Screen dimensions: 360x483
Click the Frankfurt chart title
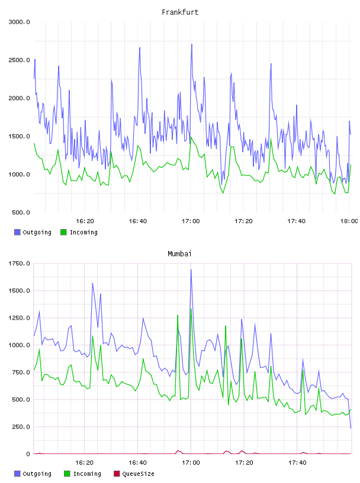tap(180, 12)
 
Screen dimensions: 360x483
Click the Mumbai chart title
tap(179, 254)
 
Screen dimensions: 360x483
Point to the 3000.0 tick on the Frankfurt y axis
tap(19, 22)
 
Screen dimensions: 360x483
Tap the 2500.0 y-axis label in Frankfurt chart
tap(19, 60)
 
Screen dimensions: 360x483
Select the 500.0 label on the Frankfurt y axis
tap(21, 212)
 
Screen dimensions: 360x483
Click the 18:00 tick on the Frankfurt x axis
tap(349, 221)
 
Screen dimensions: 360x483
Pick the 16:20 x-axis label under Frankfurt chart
tap(85, 221)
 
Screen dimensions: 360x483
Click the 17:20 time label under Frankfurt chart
tap(243, 221)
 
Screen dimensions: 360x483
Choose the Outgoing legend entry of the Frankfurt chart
tap(33, 232)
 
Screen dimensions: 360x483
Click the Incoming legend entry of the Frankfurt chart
tap(79, 232)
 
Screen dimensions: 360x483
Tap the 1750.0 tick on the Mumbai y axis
tap(19, 263)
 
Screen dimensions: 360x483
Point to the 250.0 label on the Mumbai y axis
tap(21, 427)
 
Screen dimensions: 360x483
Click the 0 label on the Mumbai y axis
tap(28, 454)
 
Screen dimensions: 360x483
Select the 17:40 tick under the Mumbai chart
tap(297, 463)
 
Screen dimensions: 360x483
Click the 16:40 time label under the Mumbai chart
tap(137, 463)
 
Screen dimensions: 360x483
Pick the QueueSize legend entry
tap(134, 474)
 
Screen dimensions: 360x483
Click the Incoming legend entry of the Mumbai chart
tap(83, 474)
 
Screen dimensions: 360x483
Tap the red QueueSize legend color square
tap(117, 474)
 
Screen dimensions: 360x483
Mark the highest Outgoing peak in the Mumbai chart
tap(191, 270)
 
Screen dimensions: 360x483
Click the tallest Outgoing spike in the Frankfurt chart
tap(192, 44)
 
